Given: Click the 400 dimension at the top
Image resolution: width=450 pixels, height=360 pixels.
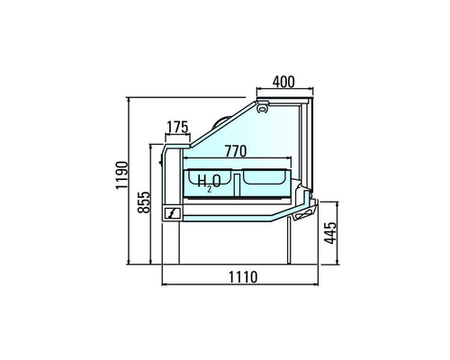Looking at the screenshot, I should coord(283,81).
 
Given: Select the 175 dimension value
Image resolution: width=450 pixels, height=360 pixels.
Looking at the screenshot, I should coord(177,127).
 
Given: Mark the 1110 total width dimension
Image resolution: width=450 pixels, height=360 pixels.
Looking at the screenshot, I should coord(238,276).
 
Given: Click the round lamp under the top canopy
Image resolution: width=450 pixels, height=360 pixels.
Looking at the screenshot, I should coord(263,108).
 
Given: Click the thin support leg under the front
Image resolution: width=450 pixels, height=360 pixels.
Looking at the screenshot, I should coord(290,240).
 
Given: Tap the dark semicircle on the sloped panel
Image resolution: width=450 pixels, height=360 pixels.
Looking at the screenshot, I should coord(218,120).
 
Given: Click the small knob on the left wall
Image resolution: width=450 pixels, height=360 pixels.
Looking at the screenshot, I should coord(162,162).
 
